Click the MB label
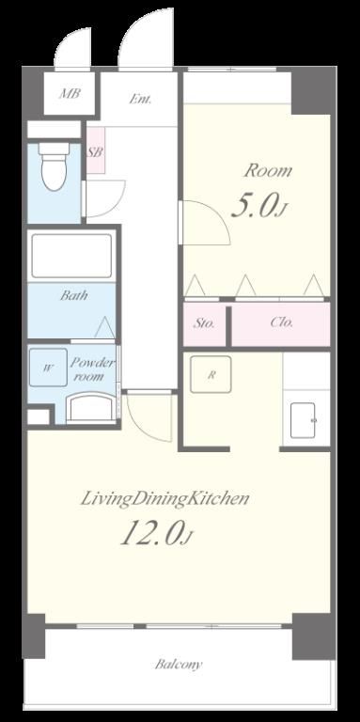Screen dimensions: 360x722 (70, 94)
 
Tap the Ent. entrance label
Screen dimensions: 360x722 (140, 99)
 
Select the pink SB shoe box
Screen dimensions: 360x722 (95, 150)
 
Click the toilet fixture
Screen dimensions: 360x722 (55, 166)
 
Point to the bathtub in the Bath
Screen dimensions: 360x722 (71, 256)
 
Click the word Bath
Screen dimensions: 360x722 (73, 295)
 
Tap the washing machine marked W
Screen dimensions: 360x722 (48, 368)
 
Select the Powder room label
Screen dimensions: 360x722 (91, 369)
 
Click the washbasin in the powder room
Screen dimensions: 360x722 (90, 407)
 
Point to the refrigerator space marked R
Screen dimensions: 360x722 (211, 374)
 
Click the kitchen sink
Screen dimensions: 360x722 (303, 420)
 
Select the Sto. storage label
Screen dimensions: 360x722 (203, 323)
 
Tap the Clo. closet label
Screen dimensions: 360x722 (281, 322)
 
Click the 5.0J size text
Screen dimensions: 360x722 (259, 207)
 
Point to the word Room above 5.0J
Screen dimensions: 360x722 (268, 171)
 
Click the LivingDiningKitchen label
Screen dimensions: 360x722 (164, 498)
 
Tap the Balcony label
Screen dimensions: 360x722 (178, 665)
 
